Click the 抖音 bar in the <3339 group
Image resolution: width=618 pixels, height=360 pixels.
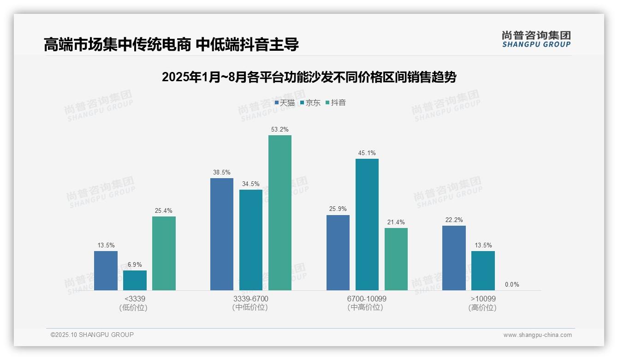coord(164,253)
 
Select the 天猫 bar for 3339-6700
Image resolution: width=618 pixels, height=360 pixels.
coord(222,234)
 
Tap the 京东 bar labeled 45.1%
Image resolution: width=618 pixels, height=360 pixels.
coord(367,224)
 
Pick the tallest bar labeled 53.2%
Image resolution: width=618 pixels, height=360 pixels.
coord(280,213)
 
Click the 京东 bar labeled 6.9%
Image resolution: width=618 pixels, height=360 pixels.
coord(135,280)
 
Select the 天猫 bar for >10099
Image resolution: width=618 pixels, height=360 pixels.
coord(454,258)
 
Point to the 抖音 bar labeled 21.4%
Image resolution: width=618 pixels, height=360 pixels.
coord(396,259)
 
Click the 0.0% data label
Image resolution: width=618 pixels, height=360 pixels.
coord(512,284)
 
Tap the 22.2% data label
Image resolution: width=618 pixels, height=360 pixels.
coord(454,220)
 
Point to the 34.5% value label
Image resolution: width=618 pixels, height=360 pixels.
coord(250,184)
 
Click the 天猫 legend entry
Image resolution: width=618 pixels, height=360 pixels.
coord(285,102)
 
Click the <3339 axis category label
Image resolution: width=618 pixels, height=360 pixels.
coord(135,299)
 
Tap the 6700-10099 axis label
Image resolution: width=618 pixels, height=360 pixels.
coord(367,299)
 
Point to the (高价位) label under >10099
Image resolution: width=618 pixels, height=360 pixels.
coord(482,308)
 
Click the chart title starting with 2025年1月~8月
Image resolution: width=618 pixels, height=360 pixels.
coord(309,77)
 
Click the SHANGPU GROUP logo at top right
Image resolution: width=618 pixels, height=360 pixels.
coord(536,39)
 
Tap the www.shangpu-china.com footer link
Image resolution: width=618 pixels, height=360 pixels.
coord(537,335)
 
